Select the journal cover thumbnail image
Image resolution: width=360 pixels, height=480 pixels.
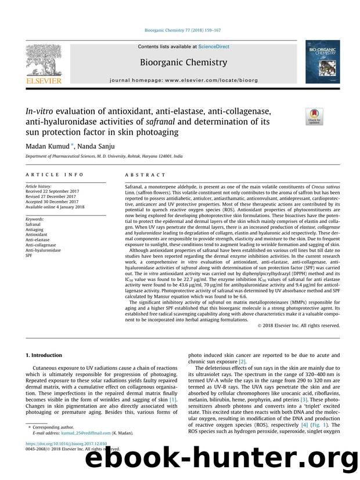click(323, 66)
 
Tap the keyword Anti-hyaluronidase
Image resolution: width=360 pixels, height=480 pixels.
click(44, 250)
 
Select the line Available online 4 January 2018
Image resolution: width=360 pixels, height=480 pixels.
click(56, 207)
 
